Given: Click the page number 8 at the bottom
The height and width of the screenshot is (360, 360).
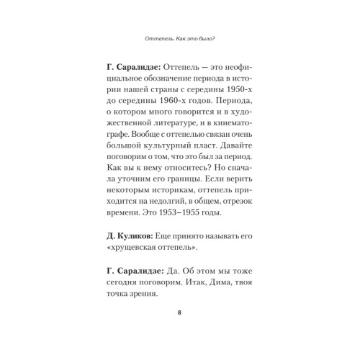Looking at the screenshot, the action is click(x=179, y=312).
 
